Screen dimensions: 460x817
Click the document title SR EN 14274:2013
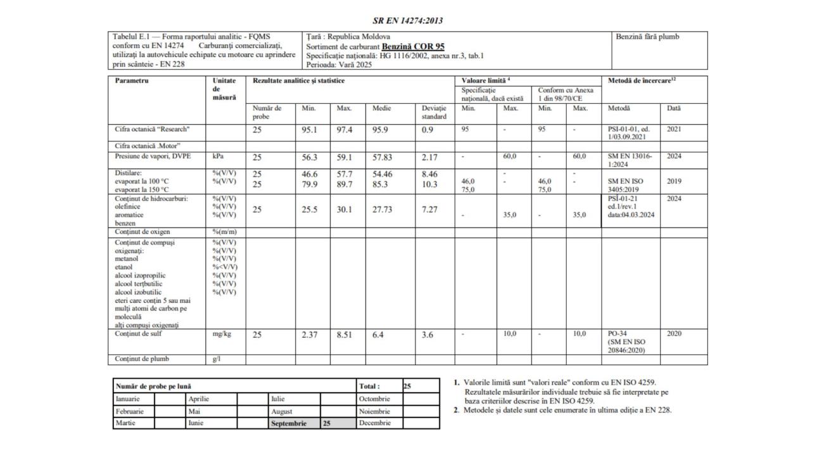click(x=408, y=20)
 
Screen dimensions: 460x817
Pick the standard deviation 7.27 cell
click(x=431, y=210)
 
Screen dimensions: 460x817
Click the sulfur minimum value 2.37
click(x=309, y=335)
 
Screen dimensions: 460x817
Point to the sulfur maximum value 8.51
click(x=345, y=335)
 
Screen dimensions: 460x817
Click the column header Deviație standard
click(x=434, y=112)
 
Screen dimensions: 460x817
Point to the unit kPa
click(x=218, y=155)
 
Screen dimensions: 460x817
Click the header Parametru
click(x=130, y=81)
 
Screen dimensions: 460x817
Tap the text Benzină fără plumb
click(x=647, y=37)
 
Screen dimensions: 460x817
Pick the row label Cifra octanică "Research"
click(x=152, y=129)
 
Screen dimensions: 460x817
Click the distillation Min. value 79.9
click(x=309, y=184)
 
